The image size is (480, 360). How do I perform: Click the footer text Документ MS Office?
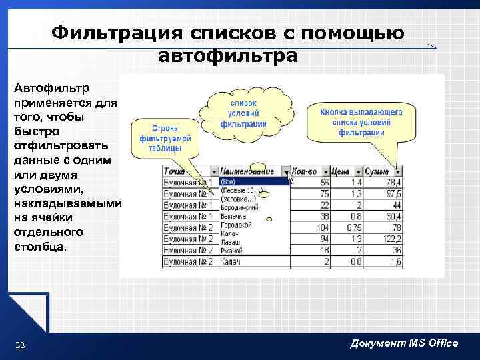(x=404, y=343)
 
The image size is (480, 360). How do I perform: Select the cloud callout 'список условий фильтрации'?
(x=248, y=114)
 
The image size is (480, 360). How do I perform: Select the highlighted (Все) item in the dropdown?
(x=228, y=181)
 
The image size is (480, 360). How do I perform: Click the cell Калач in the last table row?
(x=231, y=261)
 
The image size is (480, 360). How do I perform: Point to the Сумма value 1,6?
(x=393, y=262)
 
